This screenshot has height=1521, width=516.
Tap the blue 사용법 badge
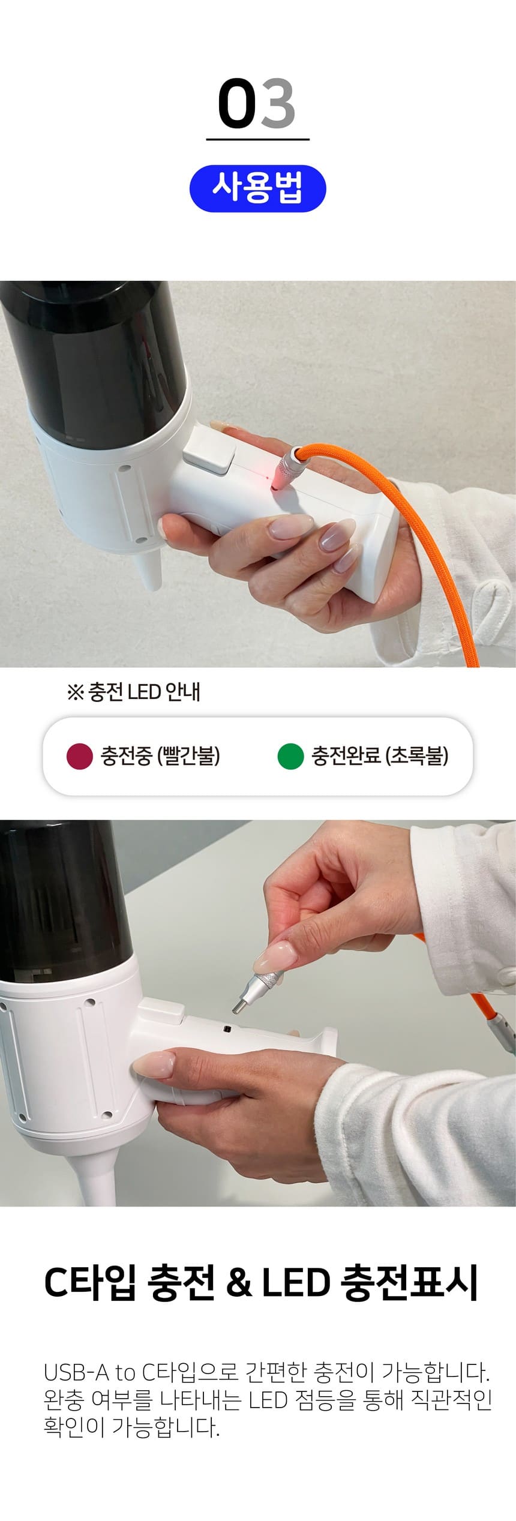[x=258, y=188]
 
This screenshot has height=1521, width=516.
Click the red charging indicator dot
[x=79, y=756]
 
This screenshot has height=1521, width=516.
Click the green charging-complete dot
[x=290, y=756]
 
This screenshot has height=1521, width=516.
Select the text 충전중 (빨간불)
[x=160, y=755]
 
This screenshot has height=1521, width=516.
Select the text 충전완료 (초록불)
[x=380, y=755]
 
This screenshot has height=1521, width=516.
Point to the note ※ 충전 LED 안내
[x=134, y=692]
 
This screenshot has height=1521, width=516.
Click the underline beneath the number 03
[x=258, y=140]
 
